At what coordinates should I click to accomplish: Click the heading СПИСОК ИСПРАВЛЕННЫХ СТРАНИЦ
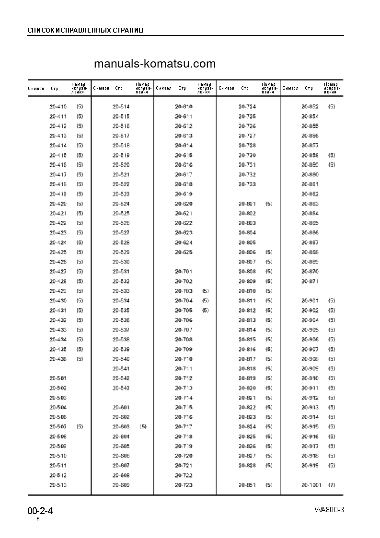coord(85,31)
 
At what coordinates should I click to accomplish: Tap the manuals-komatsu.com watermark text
coord(155,64)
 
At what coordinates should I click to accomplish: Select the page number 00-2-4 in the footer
coord(40,511)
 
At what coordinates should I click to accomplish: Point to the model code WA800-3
coord(329,509)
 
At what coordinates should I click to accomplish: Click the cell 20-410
coord(58,106)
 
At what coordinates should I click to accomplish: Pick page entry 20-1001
coord(311,485)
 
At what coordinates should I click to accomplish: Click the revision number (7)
coord(332,485)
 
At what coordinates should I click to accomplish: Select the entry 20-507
coord(58,427)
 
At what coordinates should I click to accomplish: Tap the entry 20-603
coord(121,427)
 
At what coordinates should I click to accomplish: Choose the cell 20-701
coord(184,272)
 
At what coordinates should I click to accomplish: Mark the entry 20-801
coord(247,204)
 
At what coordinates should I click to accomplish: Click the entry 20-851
coord(247,485)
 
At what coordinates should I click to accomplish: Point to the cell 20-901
coord(310,301)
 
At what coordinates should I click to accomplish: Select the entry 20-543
coord(121,388)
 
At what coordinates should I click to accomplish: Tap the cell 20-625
coord(184,252)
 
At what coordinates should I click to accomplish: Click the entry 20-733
coord(247,184)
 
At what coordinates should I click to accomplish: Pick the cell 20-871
coord(310,281)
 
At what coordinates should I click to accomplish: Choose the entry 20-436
coord(58,359)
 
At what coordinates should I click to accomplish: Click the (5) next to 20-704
coord(206,301)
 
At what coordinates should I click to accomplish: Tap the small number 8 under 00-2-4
coord(38,520)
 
